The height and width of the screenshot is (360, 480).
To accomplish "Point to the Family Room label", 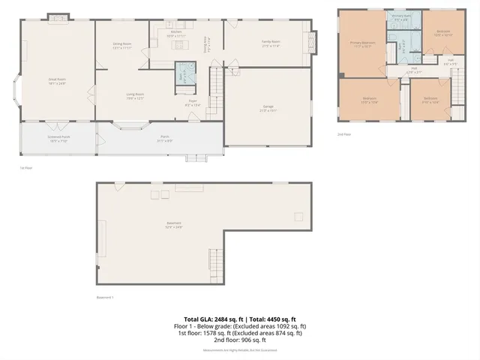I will click(x=271, y=43).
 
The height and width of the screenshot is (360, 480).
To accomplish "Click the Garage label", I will click(x=268, y=109).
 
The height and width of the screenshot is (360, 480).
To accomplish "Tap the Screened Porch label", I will click(x=58, y=138).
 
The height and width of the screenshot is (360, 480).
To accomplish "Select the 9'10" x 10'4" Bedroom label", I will click(x=430, y=100).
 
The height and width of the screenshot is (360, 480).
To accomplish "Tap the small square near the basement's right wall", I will click(x=298, y=217).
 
